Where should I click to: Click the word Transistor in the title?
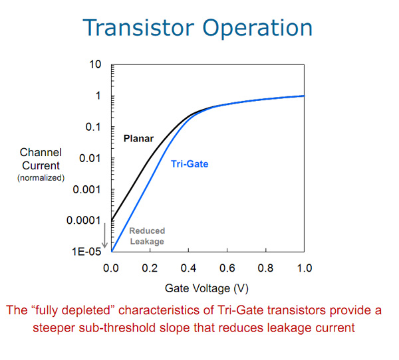138,27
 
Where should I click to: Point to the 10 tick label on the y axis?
95,64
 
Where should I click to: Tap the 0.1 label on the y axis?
93,127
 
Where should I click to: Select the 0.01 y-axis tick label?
90,158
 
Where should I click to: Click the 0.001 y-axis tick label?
86,189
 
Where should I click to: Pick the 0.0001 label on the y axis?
84,220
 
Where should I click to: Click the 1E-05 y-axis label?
86,252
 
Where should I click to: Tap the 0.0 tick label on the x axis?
111,268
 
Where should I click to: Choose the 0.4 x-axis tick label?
188,268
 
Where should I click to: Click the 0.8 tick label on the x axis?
265,268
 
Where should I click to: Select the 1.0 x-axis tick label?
305,268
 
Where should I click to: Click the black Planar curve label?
138,139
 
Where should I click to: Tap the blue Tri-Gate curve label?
190,164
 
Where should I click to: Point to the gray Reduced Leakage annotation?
147,236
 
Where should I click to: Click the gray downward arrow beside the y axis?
104,236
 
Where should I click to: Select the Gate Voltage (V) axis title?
207,288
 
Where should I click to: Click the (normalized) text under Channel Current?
41,178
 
